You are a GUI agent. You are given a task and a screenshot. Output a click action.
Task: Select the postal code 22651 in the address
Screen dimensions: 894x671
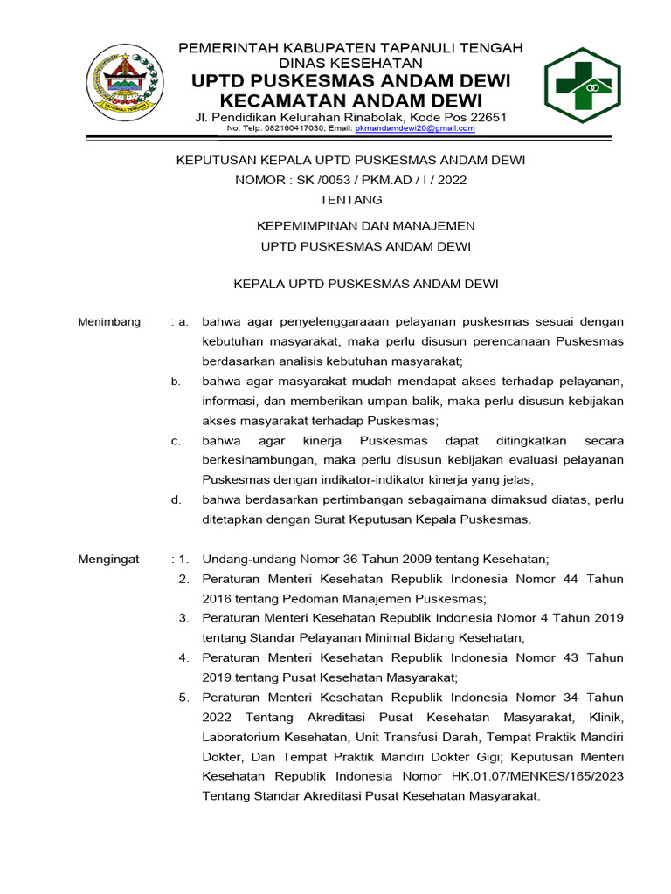(488, 117)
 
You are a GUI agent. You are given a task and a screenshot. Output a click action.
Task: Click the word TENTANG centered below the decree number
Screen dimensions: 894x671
(350, 200)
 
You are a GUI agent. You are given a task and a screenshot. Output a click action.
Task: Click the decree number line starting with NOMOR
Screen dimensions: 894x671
(350, 181)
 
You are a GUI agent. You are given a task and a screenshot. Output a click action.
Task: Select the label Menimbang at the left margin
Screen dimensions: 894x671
(109, 321)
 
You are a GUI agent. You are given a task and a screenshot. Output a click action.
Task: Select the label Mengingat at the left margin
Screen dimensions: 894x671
(109, 559)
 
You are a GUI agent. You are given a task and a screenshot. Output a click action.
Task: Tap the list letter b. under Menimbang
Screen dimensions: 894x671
(176, 381)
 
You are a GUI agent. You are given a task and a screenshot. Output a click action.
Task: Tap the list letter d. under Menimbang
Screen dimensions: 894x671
(176, 499)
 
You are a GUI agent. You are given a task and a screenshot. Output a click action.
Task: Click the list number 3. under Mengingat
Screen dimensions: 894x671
(183, 618)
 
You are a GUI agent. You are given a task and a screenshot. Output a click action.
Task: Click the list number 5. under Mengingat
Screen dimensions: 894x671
(183, 697)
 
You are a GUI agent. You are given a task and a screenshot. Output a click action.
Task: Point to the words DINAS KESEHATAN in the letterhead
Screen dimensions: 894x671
(350, 63)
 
